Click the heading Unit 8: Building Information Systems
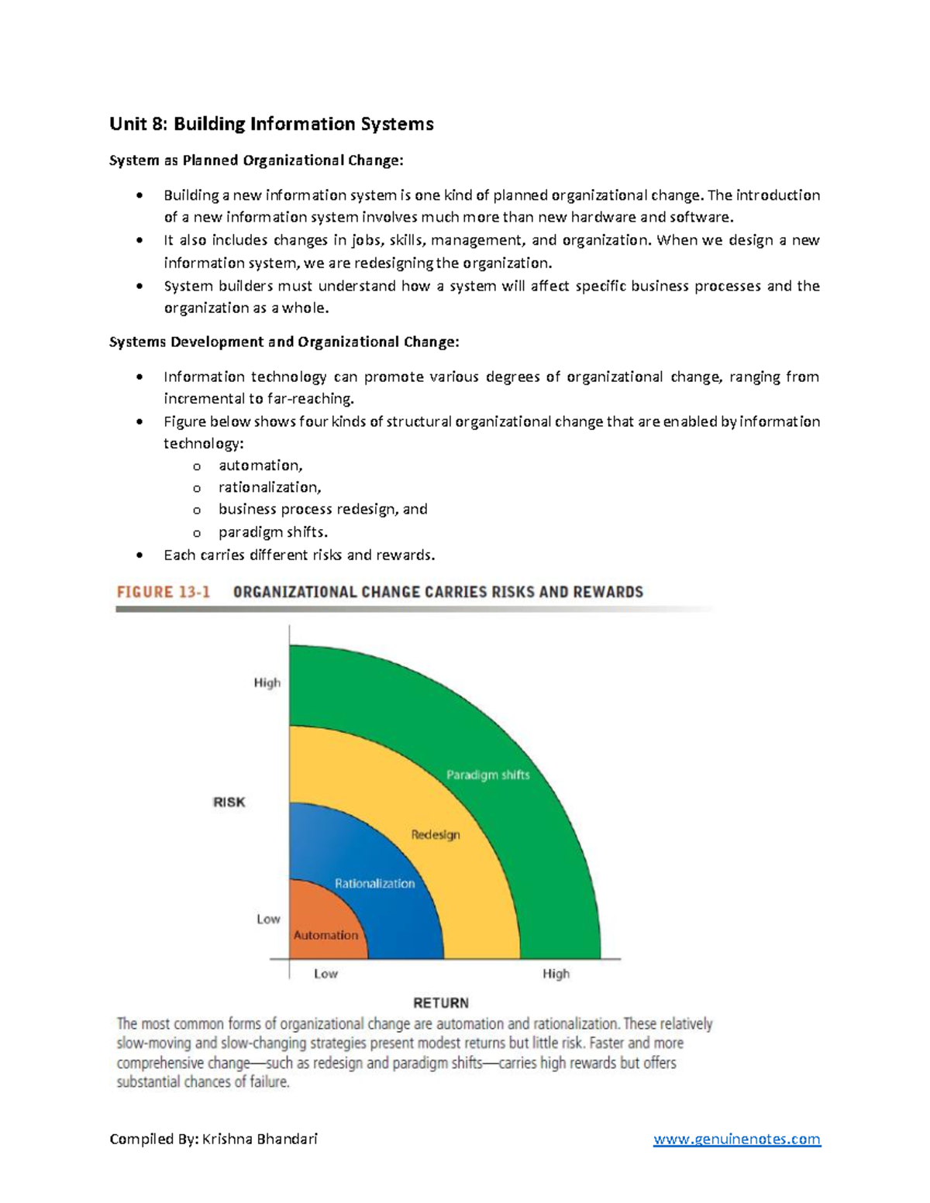pos(271,124)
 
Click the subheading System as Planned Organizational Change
pos(256,160)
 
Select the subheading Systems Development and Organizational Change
pos(284,342)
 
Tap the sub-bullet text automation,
pos(260,466)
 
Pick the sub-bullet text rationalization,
pos(269,487)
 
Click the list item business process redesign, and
pos(322,509)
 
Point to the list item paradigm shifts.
pos(273,532)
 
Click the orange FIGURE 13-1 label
pos(164,592)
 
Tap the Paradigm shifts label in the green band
pos(487,775)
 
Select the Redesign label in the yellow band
pos(435,834)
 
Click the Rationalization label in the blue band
pos(374,883)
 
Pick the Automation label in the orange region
pos(325,935)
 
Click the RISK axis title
pos(229,802)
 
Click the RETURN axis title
pos(441,1002)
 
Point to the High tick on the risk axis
pos(267,682)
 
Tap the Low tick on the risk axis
pos(268,919)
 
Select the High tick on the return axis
pos(556,974)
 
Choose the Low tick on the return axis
pos(325,974)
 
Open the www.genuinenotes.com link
pos(736,1139)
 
